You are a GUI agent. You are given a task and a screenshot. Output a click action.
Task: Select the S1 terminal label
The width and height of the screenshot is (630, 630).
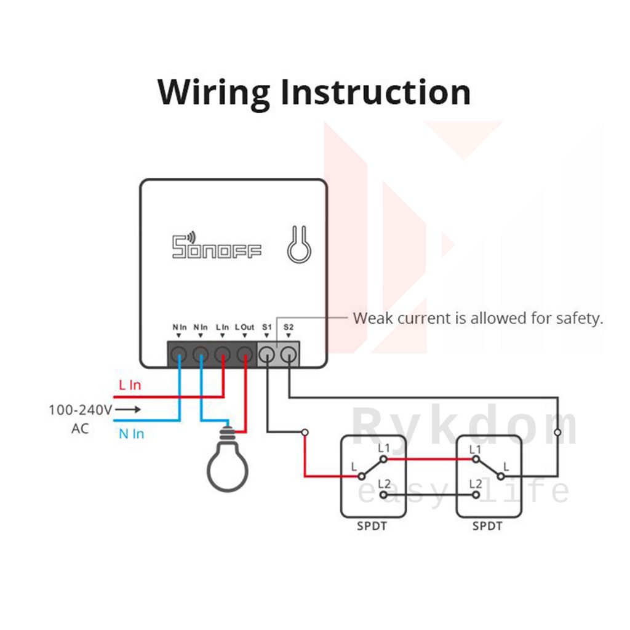click(267, 327)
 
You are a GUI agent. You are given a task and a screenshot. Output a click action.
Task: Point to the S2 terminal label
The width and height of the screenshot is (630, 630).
click(289, 327)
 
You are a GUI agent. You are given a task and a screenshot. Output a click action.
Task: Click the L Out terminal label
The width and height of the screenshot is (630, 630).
click(245, 327)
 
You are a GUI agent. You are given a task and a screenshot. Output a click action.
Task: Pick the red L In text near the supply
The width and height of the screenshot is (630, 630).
click(130, 385)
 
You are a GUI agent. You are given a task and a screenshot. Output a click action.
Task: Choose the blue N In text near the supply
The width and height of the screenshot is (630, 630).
click(132, 434)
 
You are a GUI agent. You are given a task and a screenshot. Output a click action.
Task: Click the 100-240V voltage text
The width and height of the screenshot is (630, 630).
click(81, 410)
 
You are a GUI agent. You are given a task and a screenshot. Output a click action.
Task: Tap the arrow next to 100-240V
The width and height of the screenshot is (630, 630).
click(128, 409)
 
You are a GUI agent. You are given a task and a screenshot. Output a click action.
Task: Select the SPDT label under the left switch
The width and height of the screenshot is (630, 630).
click(372, 526)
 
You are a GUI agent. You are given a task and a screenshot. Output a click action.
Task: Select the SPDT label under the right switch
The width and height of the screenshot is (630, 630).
click(487, 526)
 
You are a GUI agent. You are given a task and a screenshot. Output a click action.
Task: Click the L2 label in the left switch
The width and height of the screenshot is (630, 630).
click(384, 484)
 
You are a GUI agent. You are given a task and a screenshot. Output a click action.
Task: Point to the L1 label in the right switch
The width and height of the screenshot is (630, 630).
click(476, 449)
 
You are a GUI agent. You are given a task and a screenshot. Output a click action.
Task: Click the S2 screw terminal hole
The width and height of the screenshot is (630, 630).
click(289, 354)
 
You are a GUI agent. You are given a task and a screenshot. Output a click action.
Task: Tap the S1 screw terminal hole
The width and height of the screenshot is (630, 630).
click(267, 354)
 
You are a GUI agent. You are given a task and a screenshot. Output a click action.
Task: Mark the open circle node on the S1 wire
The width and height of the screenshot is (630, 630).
click(305, 433)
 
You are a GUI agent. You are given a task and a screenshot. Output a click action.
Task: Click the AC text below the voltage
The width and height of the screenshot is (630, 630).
click(80, 429)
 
